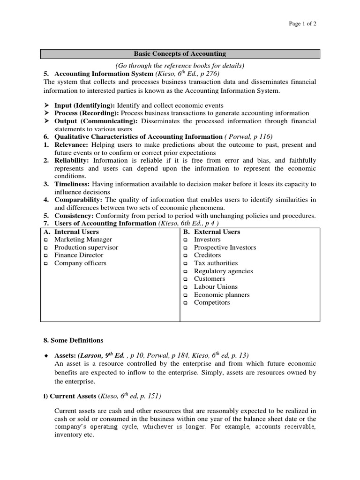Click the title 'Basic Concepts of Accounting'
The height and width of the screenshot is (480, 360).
click(x=180, y=54)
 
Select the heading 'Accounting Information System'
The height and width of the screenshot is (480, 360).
click(x=104, y=74)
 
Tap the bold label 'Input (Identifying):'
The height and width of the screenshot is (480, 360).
click(x=84, y=105)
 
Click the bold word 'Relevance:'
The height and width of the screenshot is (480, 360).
click(x=71, y=145)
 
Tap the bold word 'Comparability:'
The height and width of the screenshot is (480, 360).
click(x=78, y=200)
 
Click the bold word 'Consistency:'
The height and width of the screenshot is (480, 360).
click(x=74, y=216)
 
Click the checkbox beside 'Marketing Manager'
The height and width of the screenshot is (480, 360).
click(x=46, y=240)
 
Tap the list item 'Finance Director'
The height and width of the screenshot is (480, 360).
click(x=79, y=255)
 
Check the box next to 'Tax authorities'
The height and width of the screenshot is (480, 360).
click(x=185, y=263)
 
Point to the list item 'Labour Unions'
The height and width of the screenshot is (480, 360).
click(x=216, y=286)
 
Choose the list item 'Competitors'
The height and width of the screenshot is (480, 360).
click(x=212, y=302)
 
